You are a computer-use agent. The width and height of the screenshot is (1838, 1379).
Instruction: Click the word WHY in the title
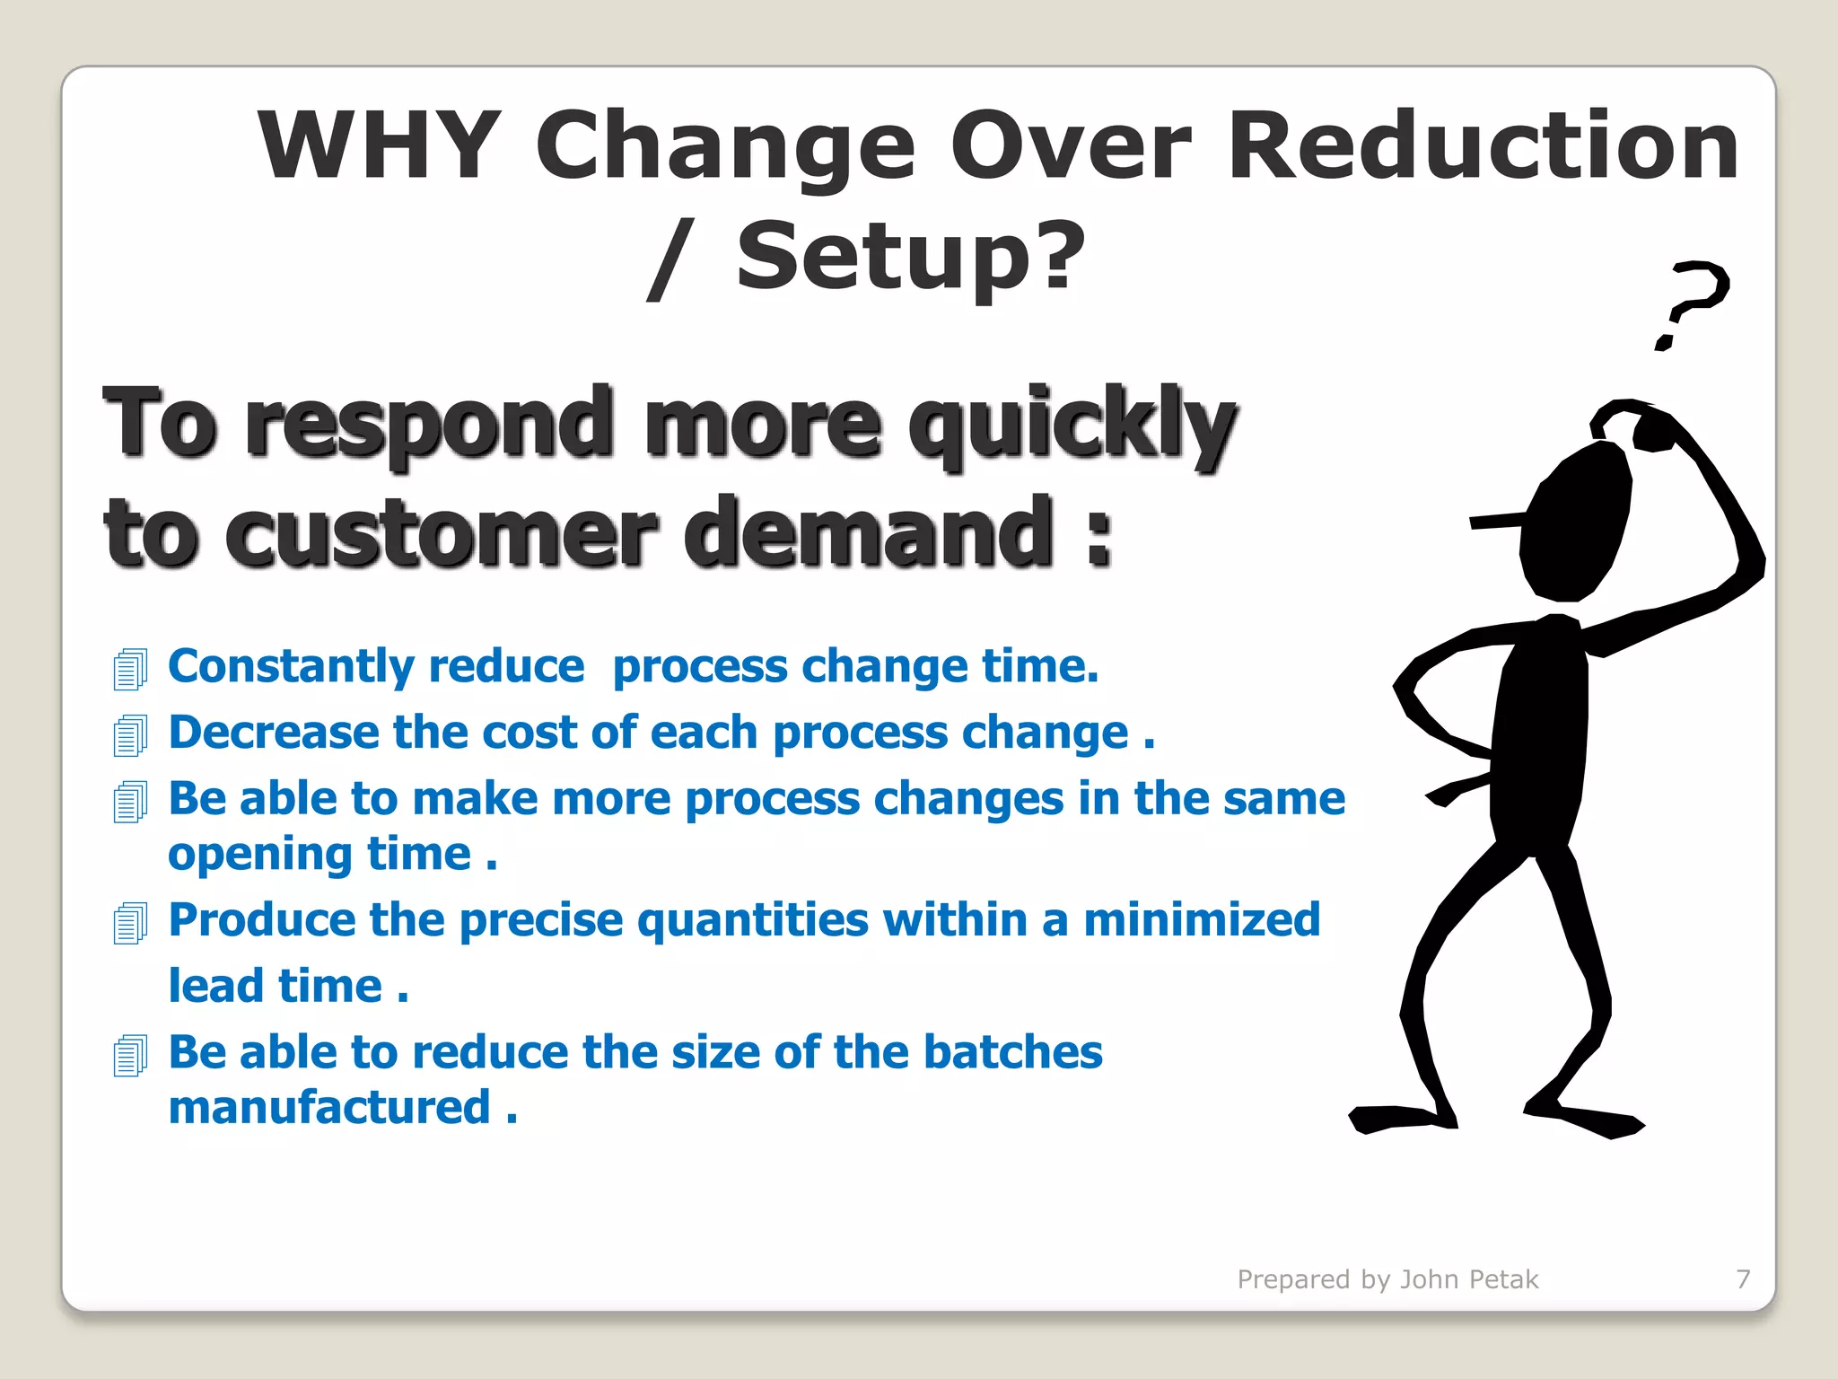click(379, 145)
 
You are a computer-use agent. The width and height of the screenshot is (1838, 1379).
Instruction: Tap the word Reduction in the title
click(1483, 145)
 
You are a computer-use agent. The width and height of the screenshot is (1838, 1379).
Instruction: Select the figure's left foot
click(1400, 1119)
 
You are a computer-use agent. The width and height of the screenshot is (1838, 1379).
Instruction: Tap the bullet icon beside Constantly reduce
click(130, 670)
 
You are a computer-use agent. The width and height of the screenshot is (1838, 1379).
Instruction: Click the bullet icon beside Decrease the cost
click(130, 735)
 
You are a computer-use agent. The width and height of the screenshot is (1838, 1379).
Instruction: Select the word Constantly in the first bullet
click(291, 667)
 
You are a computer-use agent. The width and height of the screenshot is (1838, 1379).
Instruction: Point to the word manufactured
click(329, 1107)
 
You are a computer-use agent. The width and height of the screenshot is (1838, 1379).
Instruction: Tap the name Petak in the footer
click(1505, 1278)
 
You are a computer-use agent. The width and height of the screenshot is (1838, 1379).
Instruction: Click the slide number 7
click(1743, 1278)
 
